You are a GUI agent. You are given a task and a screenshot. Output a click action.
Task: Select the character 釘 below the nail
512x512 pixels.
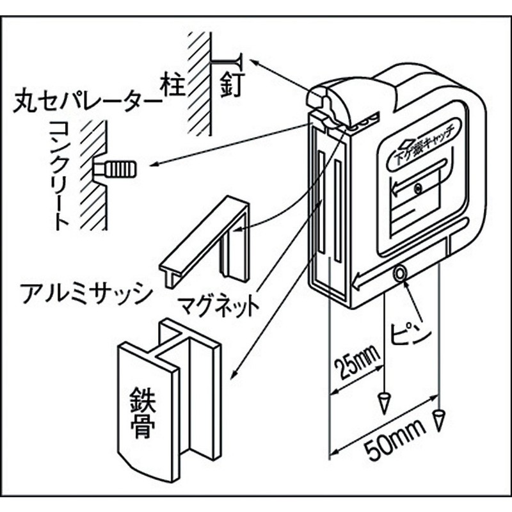[x=230, y=83]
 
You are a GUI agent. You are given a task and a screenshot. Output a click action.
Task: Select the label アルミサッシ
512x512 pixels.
[x=86, y=294]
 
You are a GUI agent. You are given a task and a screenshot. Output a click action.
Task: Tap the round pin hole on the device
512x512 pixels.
[x=400, y=273]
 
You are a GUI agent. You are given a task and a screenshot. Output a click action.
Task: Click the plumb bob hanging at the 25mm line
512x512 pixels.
[x=385, y=403]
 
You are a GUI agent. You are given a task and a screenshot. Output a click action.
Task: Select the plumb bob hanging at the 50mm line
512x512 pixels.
[x=438, y=419]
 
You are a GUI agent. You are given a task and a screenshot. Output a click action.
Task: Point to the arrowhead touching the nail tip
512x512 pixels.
[x=253, y=61]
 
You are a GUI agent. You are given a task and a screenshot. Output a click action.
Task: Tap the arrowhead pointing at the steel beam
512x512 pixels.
[x=233, y=374]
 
